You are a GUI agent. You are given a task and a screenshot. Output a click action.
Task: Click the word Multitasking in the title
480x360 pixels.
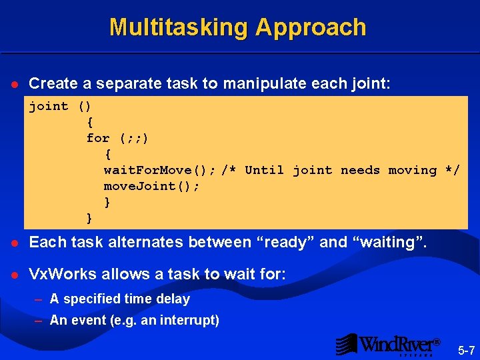click(178, 27)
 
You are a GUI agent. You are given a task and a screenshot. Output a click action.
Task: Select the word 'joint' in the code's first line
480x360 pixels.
click(49, 106)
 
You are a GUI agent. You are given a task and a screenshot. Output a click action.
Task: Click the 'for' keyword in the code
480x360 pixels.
click(98, 138)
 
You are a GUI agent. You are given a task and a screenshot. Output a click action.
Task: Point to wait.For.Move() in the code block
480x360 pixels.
click(159, 170)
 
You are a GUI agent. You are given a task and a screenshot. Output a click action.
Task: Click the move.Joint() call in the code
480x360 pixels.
click(151, 186)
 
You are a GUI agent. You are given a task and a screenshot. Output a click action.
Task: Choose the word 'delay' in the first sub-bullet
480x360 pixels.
click(173, 299)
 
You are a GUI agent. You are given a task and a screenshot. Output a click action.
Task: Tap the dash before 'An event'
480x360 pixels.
click(39, 320)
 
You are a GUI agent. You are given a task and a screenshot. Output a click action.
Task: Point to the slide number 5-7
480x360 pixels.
click(465, 349)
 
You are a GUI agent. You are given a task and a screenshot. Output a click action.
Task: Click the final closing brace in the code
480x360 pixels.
click(89, 218)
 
